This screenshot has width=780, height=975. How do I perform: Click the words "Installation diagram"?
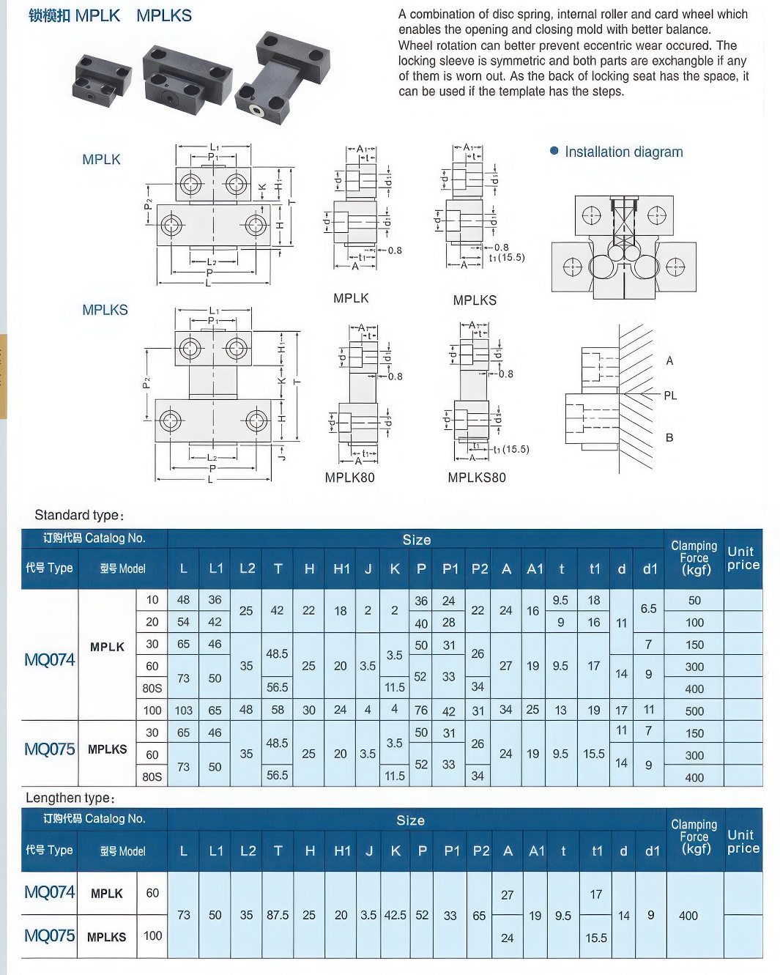click(623, 152)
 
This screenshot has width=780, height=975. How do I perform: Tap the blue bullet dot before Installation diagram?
click(554, 151)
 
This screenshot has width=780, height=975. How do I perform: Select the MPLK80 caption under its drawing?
click(349, 478)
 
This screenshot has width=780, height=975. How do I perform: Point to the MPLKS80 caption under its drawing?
click(477, 478)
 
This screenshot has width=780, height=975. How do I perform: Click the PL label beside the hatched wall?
click(670, 396)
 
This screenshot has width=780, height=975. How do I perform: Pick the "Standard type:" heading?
click(79, 515)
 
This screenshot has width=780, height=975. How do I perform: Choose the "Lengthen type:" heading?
click(70, 798)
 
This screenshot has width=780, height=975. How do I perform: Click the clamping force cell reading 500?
click(694, 711)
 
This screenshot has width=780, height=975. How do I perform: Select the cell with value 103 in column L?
click(183, 710)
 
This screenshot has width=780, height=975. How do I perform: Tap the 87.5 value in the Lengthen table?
click(278, 915)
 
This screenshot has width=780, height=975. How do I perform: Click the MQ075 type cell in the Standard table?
click(50, 749)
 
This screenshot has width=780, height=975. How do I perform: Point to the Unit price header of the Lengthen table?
click(743, 842)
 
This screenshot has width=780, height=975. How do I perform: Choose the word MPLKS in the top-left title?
click(164, 15)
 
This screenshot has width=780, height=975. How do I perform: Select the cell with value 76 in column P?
click(421, 710)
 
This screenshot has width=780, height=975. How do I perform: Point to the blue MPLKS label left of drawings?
click(105, 310)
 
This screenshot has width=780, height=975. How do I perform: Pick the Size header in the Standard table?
click(416, 540)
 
